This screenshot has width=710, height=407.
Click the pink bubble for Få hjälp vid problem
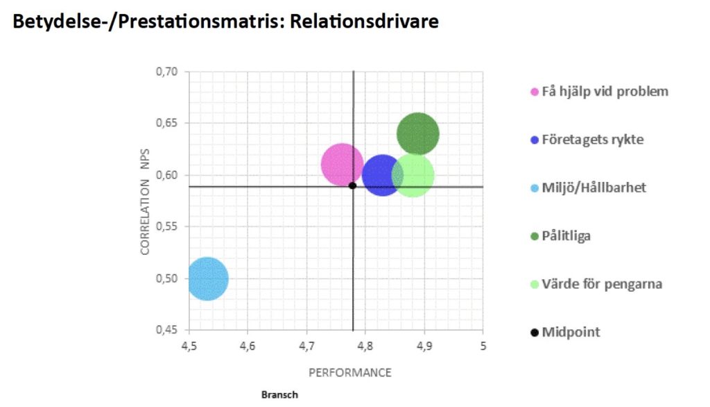pyautogui.click(x=341, y=165)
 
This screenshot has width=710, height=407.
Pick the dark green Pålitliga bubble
pyautogui.click(x=417, y=134)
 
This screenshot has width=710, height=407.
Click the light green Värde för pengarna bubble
pyautogui.click(x=414, y=176)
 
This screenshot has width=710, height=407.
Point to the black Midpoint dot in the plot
pyautogui.click(x=352, y=185)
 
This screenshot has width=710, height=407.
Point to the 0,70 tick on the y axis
pyautogui.click(x=166, y=72)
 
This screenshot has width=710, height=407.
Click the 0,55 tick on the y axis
pyautogui.click(x=166, y=226)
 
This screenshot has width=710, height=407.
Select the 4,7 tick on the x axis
pyautogui.click(x=306, y=345)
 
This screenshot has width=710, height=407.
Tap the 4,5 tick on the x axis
pyautogui.click(x=189, y=345)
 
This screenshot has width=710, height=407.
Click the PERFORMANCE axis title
pyautogui.click(x=349, y=373)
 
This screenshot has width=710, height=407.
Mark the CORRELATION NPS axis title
pyautogui.click(x=146, y=216)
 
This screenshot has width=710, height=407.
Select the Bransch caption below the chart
pyautogui.click(x=279, y=395)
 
